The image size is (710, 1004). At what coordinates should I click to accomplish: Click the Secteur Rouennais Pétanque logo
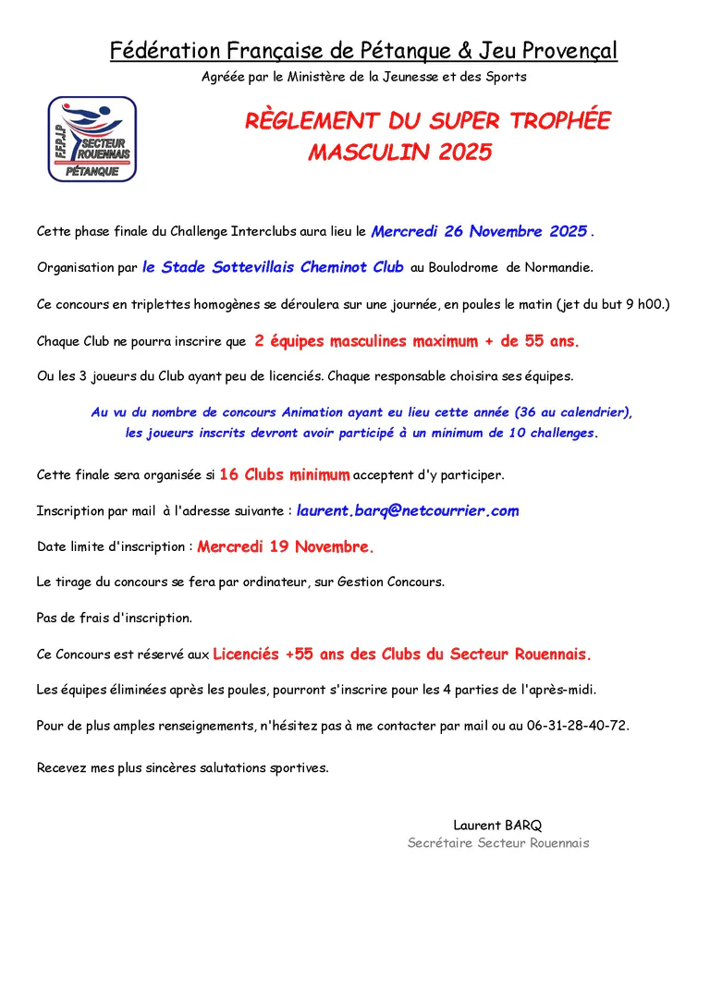pyautogui.click(x=92, y=140)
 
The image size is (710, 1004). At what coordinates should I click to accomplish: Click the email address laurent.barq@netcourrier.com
pyautogui.click(x=408, y=510)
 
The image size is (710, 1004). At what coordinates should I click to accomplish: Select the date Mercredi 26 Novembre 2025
pyautogui.click(x=479, y=231)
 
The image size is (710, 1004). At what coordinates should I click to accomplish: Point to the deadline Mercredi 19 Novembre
pyautogui.click(x=286, y=546)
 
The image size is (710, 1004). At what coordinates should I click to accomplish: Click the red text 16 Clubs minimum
pyautogui.click(x=285, y=475)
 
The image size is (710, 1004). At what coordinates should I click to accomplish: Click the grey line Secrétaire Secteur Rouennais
pyautogui.click(x=498, y=843)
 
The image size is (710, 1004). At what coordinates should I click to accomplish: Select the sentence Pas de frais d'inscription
pyautogui.click(x=115, y=617)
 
